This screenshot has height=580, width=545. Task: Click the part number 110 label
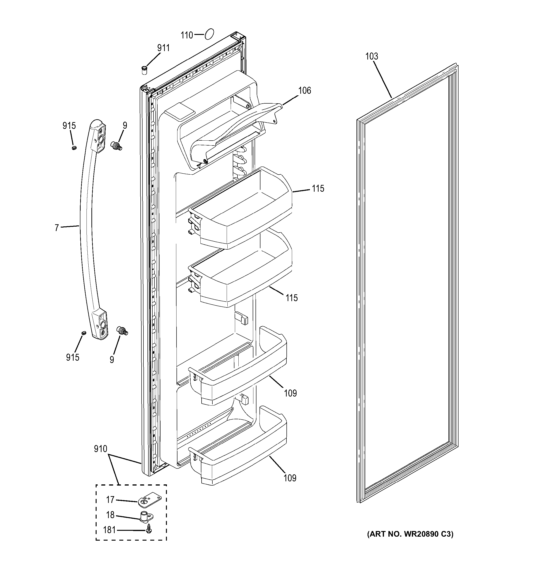coord(187,35)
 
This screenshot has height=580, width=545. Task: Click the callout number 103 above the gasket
coord(371,56)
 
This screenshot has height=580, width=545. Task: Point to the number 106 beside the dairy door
coord(304,90)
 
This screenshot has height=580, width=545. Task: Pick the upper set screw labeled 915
coord(74,148)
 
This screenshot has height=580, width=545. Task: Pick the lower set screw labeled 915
coord(84,333)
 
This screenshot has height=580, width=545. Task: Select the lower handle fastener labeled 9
coord(122,331)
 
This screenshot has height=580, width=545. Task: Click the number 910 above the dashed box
coord(100,449)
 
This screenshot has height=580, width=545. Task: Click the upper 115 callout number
coord(318,188)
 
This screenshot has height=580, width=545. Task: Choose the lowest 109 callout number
coord(290,478)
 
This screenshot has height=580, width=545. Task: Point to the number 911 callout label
coord(163,48)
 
